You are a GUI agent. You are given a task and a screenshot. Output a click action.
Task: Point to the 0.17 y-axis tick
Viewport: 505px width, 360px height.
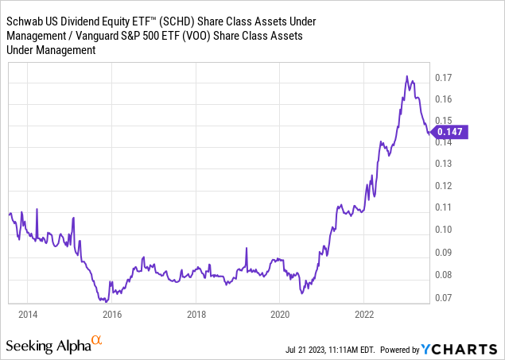(444, 78)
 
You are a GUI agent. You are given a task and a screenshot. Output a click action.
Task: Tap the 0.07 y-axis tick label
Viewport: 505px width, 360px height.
(444, 298)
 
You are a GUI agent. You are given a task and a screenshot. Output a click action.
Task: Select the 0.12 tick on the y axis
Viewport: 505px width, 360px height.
(444, 186)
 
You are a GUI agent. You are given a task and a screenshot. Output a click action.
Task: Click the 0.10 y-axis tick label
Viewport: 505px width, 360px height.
(444, 230)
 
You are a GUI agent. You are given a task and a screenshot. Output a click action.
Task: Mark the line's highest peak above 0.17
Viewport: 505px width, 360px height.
(407, 76)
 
